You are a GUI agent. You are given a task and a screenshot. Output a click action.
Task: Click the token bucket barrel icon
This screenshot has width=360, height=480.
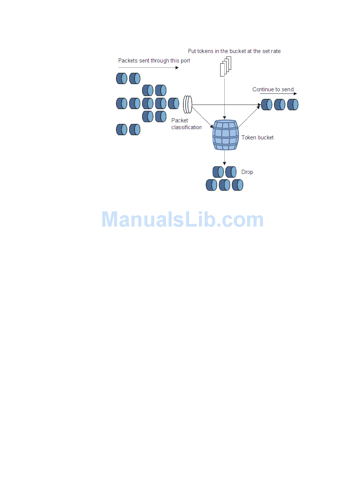(x=225, y=135)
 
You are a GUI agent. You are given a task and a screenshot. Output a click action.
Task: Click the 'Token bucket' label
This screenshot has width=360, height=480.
(x=257, y=138)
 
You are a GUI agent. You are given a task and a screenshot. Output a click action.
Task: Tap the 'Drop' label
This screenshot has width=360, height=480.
(x=247, y=172)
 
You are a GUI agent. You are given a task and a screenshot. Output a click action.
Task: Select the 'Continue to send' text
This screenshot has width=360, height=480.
(x=273, y=89)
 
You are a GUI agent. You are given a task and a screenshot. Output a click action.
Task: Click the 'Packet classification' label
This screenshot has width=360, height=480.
(x=186, y=124)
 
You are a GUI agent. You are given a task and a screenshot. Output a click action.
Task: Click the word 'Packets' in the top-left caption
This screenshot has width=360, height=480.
(x=128, y=61)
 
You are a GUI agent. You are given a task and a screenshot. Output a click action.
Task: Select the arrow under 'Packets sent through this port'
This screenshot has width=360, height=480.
(x=148, y=68)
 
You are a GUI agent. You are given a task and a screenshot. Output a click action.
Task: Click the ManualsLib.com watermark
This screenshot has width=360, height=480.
(x=183, y=220)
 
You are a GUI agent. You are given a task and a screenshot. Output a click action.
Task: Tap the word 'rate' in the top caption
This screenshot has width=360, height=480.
(x=275, y=51)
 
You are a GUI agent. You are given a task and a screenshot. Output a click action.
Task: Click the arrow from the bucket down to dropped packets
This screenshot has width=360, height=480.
(x=225, y=158)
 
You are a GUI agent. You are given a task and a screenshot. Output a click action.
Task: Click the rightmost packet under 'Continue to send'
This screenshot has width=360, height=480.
(x=293, y=105)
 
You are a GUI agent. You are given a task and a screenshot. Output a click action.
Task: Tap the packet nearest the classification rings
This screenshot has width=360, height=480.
(x=174, y=103)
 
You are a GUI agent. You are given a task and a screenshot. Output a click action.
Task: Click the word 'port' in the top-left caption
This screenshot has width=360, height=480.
(x=185, y=61)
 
